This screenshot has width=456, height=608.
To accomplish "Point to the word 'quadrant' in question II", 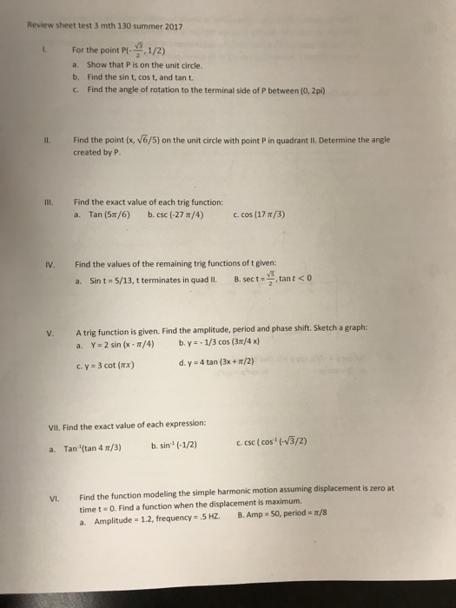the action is [x=304, y=138].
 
